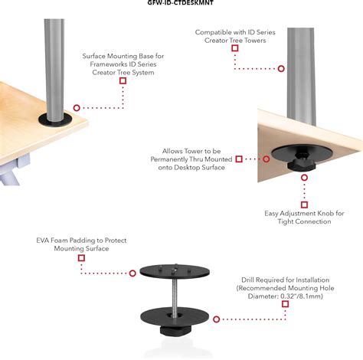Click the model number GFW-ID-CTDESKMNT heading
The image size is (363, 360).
[180, 2]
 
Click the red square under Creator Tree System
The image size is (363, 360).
[123, 80]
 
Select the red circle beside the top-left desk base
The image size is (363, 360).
[77, 108]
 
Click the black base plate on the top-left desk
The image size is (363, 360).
[55, 120]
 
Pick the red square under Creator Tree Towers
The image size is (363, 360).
[235, 48]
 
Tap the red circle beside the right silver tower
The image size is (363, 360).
[281, 68]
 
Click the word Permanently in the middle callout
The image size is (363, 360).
[168, 159]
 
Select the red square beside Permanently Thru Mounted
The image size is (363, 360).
[239, 159]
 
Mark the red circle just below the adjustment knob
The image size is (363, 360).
[304, 178]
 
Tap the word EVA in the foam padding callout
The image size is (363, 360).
[43, 241]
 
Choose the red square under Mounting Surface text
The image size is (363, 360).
[81, 258]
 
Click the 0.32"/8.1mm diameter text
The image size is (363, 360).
[302, 296]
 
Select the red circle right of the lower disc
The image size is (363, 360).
[217, 319]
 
